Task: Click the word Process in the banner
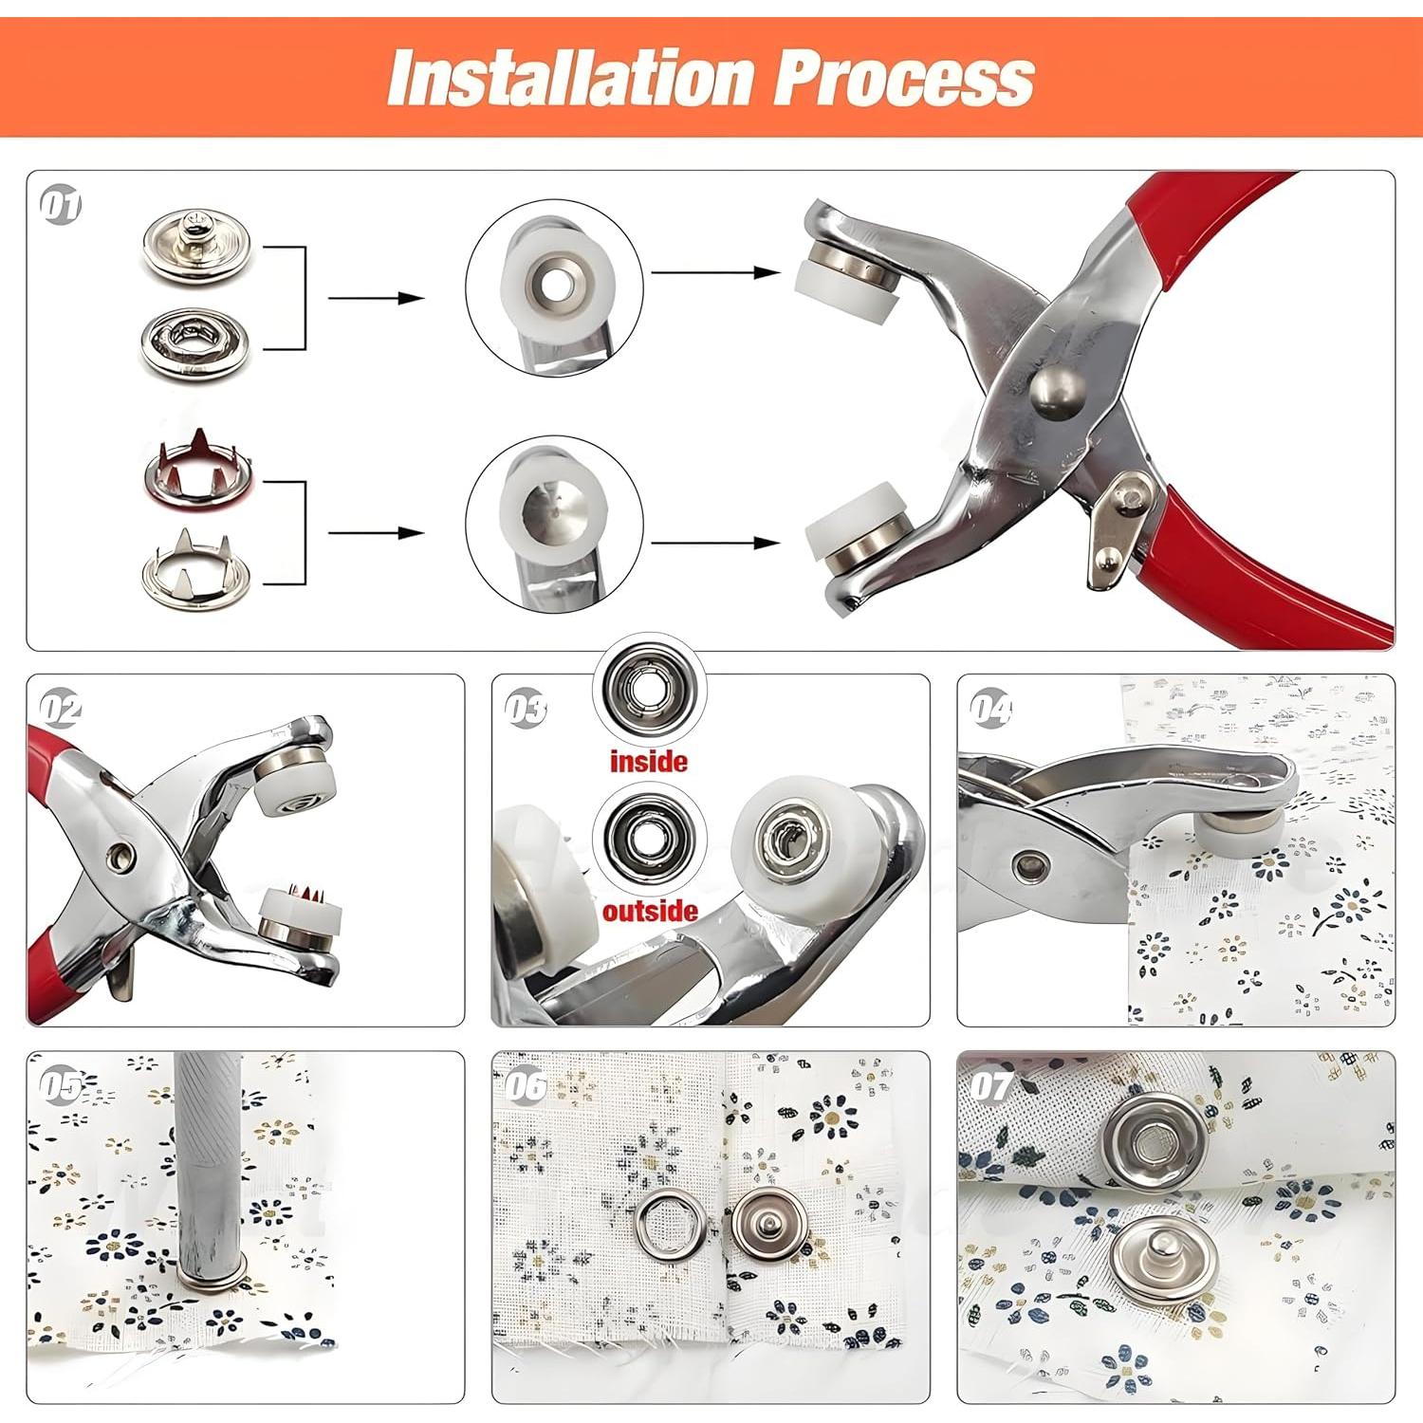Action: pyautogui.click(x=904, y=78)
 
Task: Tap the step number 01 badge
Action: pyautogui.click(x=62, y=207)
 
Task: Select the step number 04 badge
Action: pyautogui.click(x=990, y=710)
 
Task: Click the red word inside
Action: pyautogui.click(x=649, y=761)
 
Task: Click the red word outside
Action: pyautogui.click(x=650, y=911)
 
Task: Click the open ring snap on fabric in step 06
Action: pyautogui.click(x=670, y=1229)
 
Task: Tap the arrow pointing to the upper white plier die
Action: pyautogui.click(x=716, y=272)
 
